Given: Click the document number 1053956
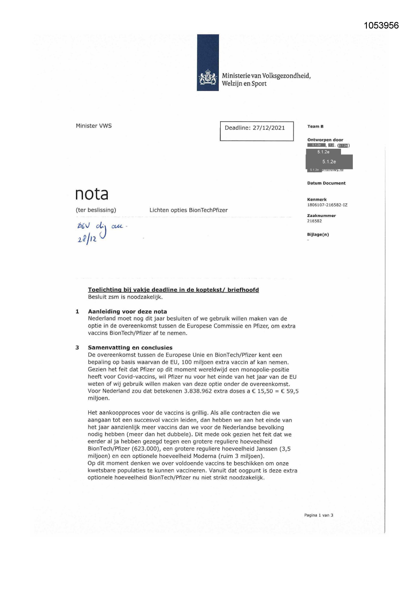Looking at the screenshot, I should coord(381,26).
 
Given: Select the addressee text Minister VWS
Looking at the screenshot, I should coord(94,126).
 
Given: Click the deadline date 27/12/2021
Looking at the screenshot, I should coord(269,128).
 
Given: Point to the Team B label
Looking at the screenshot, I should coord(315,126).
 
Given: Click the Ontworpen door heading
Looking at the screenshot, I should coord(325,140).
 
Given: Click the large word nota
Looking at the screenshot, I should coord(91,194).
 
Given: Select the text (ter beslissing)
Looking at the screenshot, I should coord(96,210).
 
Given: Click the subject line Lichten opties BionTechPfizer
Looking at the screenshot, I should coord(188,210).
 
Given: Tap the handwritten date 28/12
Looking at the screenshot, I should coord(87,239).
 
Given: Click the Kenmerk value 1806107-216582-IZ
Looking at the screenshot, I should coord(327,205).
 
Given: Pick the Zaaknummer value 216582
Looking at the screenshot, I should coord(314,221).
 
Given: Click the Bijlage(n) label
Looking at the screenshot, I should coord(318,235).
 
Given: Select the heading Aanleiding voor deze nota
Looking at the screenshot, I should coord(127,311).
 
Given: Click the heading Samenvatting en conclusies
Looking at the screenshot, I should coord(130,348).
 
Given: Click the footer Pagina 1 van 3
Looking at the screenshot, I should coord(318,515).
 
